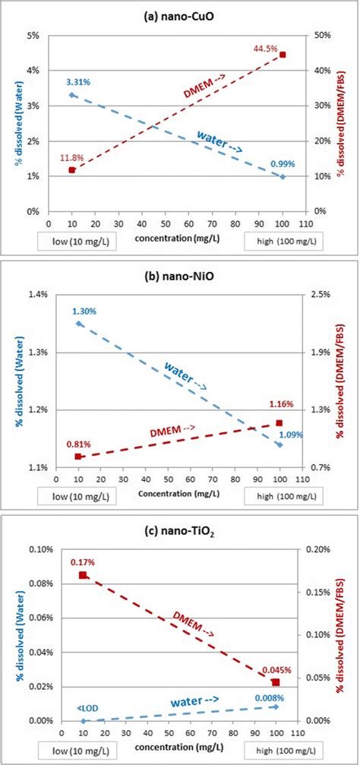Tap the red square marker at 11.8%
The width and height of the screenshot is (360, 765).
pyautogui.click(x=72, y=169)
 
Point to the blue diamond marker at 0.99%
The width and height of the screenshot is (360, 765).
pyautogui.click(x=283, y=176)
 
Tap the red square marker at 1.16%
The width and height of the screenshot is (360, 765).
pyautogui.click(x=279, y=422)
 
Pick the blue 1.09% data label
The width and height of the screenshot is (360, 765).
pyautogui.click(x=291, y=435)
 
